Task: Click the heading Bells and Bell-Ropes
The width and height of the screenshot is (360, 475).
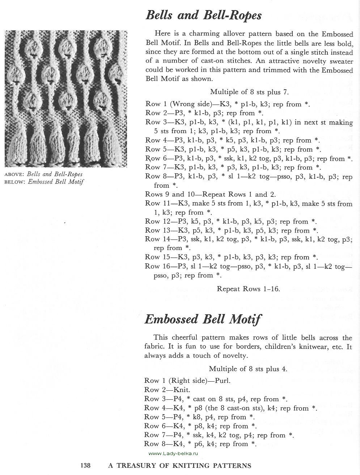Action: coord(203,16)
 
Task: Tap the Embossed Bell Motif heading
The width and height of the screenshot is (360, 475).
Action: coord(203,319)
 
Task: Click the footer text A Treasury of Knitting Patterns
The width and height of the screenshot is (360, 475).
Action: coord(180,465)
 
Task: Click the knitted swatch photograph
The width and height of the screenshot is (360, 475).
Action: coord(65,99)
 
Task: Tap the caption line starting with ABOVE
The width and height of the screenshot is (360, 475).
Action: coord(43,174)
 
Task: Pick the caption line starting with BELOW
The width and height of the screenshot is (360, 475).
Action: coord(44,182)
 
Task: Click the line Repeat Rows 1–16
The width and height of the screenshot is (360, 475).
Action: coord(248,289)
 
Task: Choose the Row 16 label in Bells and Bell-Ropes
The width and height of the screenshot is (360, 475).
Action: coord(154,266)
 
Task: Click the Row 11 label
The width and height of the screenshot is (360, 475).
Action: coord(154,203)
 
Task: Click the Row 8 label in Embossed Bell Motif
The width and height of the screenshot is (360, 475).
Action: coord(152,444)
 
